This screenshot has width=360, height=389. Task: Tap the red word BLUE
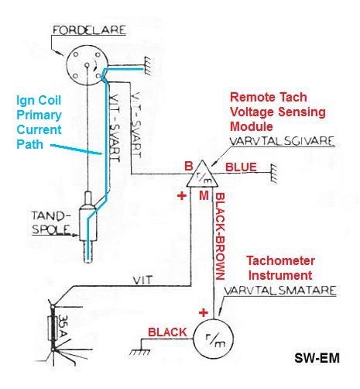[238, 166]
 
